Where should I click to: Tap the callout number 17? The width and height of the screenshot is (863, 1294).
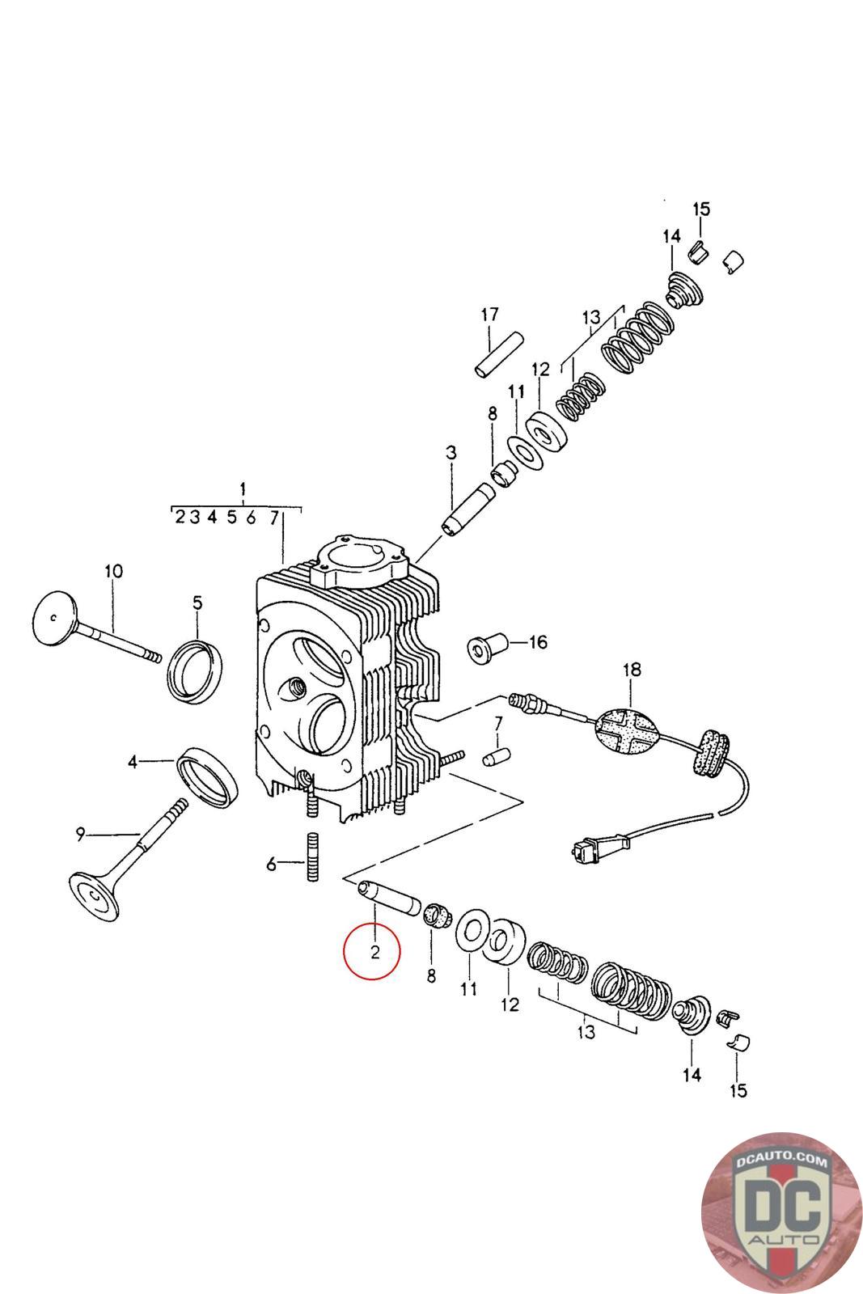(x=489, y=315)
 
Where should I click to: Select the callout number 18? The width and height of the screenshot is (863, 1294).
(x=632, y=670)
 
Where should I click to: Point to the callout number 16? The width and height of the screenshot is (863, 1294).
(x=538, y=642)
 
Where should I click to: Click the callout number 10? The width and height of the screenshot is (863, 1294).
(x=114, y=571)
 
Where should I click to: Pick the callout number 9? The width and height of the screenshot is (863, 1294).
(x=81, y=834)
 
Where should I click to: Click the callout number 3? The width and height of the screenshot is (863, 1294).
(x=451, y=452)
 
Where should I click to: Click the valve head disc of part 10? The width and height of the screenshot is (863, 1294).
(x=55, y=616)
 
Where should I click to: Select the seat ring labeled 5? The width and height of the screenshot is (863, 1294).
(x=195, y=670)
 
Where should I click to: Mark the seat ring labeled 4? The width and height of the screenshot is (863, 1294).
(x=208, y=777)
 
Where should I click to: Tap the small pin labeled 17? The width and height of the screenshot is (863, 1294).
(x=499, y=354)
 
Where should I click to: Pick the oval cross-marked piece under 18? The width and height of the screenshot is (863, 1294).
(x=625, y=732)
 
